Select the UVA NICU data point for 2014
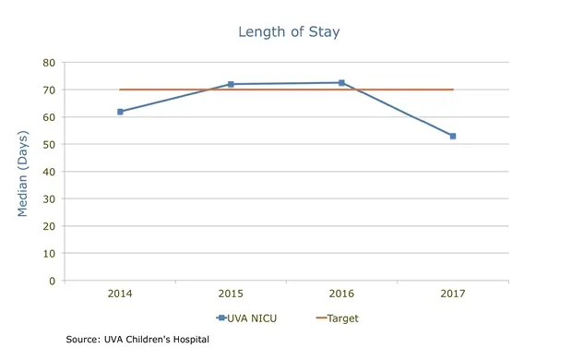120,112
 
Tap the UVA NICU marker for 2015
231,84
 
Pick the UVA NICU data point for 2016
341,83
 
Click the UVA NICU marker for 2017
453,136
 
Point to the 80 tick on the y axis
48,63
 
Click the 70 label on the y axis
48,90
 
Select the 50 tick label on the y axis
48,144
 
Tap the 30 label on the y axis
48,198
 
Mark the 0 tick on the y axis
52,281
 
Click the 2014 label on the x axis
120,294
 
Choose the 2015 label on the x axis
231,294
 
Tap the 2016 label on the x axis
341,294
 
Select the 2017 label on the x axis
453,294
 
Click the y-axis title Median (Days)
22,173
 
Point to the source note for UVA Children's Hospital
137,340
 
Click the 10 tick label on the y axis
48,253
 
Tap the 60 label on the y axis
48,117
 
